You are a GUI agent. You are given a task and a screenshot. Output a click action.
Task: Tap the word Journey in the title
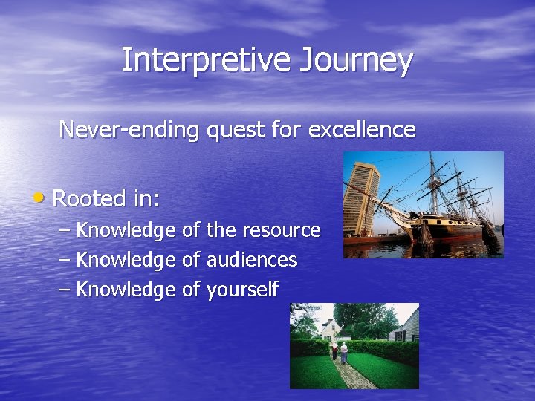click(x=356, y=60)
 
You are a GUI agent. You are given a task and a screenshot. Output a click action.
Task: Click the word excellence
click(x=362, y=130)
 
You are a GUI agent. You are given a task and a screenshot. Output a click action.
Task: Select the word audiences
click(x=252, y=260)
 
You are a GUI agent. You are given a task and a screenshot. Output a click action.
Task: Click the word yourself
click(x=242, y=290)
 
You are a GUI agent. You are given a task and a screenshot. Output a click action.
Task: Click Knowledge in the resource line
click(x=126, y=230)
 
